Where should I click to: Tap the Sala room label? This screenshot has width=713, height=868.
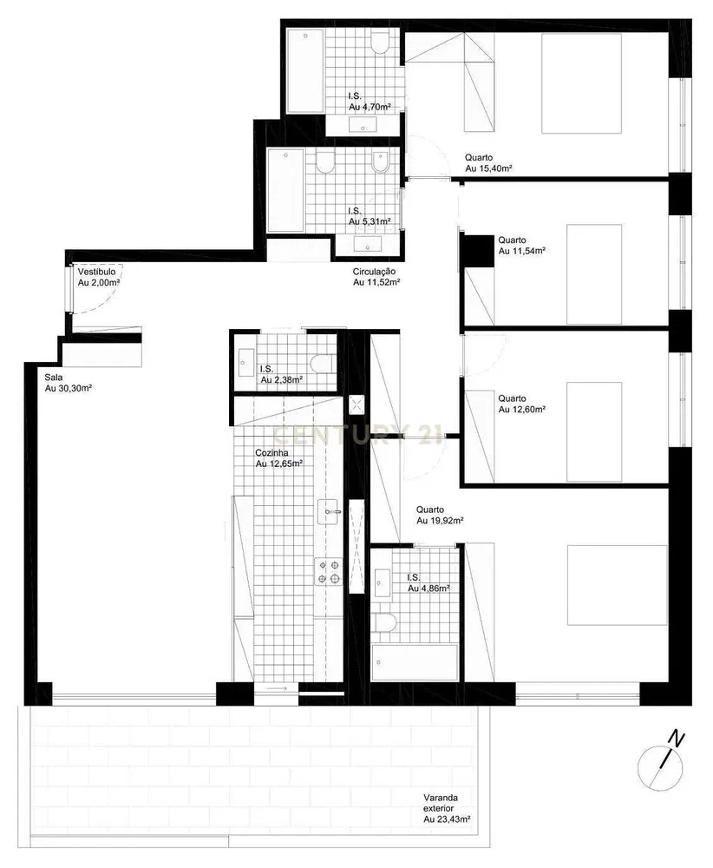[53, 378]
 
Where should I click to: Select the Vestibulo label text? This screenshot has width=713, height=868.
[96, 272]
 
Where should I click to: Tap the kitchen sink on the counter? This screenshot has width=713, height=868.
[329, 510]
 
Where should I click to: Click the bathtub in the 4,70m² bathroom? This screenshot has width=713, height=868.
[304, 70]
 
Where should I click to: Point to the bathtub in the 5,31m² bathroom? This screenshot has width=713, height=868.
[285, 190]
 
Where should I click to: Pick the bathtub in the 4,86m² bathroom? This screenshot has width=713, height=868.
[414, 664]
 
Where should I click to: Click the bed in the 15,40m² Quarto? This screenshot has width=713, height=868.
[593, 83]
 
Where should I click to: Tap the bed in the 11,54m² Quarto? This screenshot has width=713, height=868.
[594, 273]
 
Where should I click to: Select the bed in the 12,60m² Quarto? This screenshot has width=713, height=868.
[595, 431]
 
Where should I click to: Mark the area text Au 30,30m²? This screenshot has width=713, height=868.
[69, 388]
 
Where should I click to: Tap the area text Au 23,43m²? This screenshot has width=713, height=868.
[447, 818]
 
